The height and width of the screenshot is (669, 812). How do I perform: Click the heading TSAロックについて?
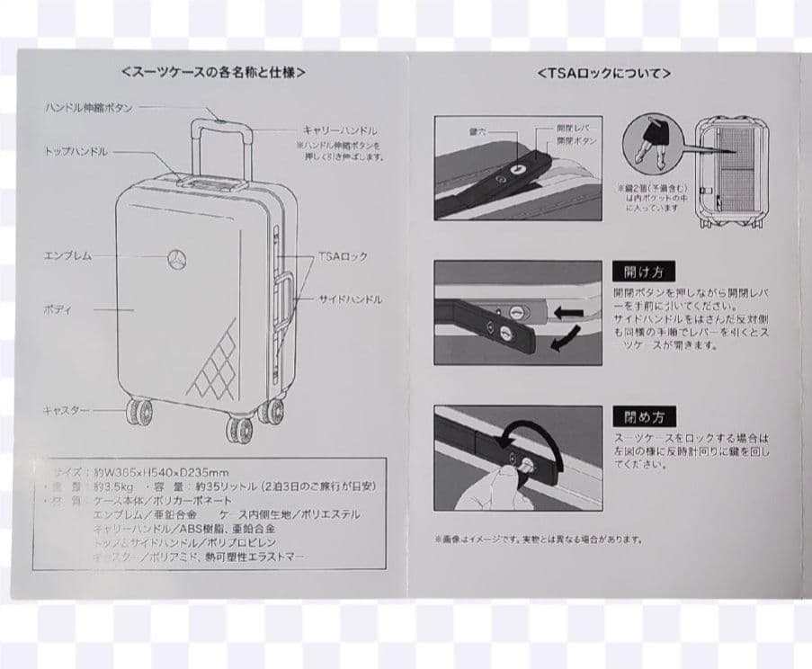point(603,73)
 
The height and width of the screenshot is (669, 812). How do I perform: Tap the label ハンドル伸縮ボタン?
point(89,108)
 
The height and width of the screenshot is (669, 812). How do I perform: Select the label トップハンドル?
point(76,152)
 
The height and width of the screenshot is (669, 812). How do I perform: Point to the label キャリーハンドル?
point(340,130)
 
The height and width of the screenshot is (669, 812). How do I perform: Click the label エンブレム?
point(68,256)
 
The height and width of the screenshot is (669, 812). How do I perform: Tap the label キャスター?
point(67,410)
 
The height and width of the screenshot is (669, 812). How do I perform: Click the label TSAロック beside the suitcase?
point(343,257)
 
